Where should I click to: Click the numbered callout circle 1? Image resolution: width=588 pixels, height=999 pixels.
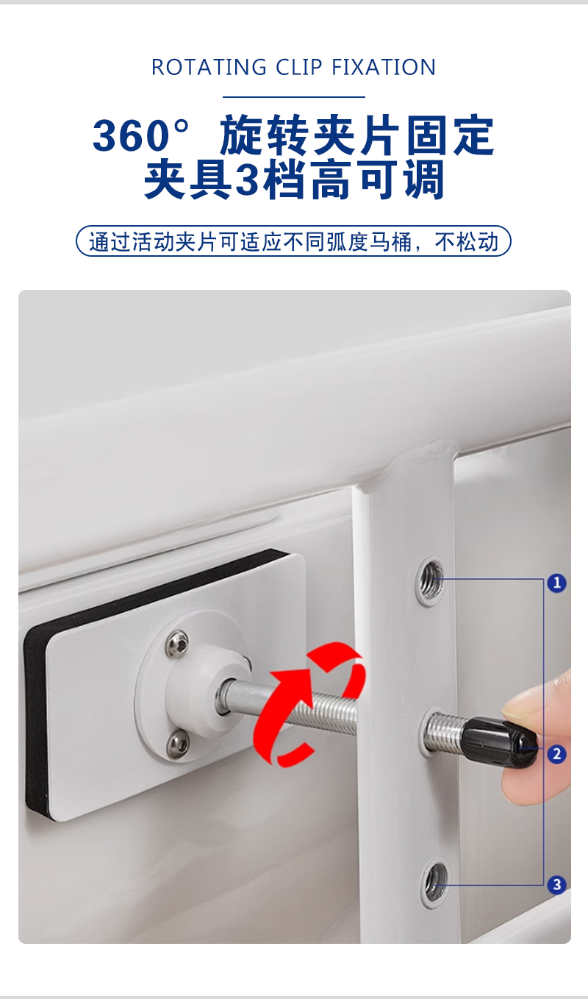[x=556, y=583]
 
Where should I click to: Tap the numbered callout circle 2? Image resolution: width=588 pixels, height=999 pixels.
[x=556, y=754]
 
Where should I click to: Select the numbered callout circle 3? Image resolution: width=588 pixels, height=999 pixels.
[x=556, y=885]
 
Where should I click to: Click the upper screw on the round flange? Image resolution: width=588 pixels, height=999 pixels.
[x=177, y=644]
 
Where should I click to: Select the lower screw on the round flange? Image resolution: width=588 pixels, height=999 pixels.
[x=178, y=744]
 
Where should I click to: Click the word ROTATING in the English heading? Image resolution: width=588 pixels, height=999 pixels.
[x=209, y=68]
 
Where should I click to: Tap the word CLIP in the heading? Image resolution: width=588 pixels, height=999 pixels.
[x=299, y=68]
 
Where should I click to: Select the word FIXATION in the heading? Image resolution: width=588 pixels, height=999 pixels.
[x=384, y=68]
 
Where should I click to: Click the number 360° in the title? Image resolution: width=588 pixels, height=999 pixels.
[x=141, y=135]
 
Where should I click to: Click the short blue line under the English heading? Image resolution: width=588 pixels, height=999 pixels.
[x=293, y=97]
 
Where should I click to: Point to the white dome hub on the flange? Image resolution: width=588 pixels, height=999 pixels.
[x=209, y=692]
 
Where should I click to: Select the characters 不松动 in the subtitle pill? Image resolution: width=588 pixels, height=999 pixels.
[x=467, y=242]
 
